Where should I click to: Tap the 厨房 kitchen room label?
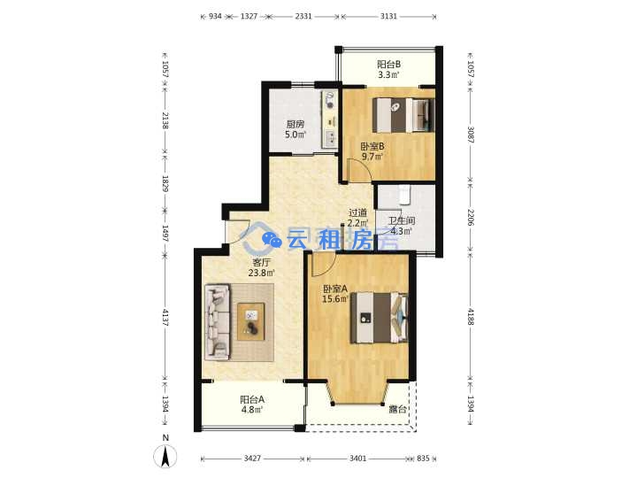coord(295,124)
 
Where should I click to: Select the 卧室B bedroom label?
coord(372,146)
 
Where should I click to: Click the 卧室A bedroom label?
coord(334,289)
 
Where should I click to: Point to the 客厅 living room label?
coord(261,262)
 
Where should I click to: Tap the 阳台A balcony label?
coord(252,399)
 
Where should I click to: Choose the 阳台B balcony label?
coord(388,65)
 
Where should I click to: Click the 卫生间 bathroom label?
coord(402,220)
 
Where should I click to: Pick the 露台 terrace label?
coord(398,409)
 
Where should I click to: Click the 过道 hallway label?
coord(358,212)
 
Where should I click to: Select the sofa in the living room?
coord(218,322)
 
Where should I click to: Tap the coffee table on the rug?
coord(250,321)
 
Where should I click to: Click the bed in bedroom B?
coord(403,115)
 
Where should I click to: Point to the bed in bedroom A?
coord(380,318)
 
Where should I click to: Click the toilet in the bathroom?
coord(404,196)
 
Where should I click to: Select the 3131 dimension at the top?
coord(388,16)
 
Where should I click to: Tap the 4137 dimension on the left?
coord(165,318)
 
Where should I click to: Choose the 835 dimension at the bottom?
coord(423,459)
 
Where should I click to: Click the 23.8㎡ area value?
coord(262,273)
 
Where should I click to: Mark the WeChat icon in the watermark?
coord(272,240)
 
